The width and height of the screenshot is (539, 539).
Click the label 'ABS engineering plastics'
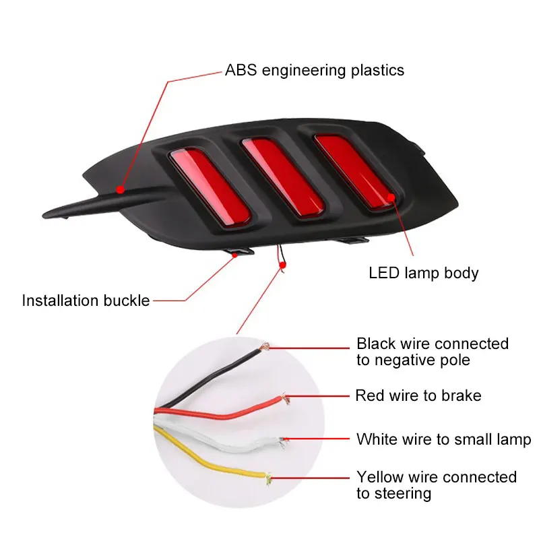(x=315, y=71)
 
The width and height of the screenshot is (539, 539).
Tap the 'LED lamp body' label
(x=424, y=274)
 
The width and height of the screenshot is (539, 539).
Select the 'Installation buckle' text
(x=86, y=300)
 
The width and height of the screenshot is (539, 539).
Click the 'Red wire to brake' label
(x=418, y=395)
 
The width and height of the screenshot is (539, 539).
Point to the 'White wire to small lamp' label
(x=444, y=440)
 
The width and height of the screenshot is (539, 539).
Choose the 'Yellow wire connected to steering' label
(x=437, y=485)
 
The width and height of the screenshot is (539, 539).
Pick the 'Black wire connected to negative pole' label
(x=433, y=352)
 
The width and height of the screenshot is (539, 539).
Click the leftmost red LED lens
(x=210, y=187)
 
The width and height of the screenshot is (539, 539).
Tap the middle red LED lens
(x=283, y=177)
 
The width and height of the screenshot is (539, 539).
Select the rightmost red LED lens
(x=355, y=170)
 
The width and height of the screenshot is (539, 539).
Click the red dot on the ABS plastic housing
(x=120, y=189)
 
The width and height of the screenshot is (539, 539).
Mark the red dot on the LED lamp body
(x=391, y=197)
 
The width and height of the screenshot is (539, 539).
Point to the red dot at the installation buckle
(x=234, y=255)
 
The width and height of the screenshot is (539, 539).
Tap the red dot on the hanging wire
(x=282, y=265)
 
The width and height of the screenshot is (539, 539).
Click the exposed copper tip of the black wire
(x=264, y=346)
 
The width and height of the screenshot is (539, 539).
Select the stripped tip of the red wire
(x=285, y=398)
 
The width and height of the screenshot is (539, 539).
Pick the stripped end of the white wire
(x=282, y=442)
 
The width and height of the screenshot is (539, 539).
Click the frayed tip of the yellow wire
(x=268, y=478)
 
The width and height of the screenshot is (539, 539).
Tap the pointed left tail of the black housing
(x=44, y=216)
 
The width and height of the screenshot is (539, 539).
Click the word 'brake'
(x=461, y=395)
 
